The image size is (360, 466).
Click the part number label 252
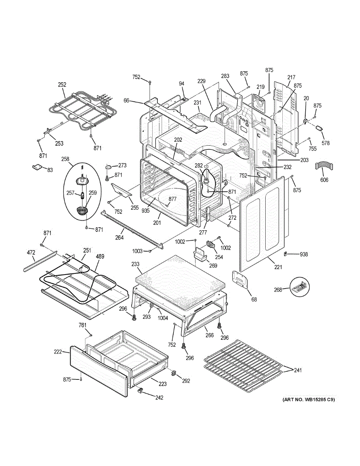(x=62, y=85)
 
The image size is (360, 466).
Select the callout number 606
(x=324, y=180)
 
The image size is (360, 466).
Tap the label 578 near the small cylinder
(x=325, y=143)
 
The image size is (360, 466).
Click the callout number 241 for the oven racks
(x=297, y=370)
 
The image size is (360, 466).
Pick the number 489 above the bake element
(x=100, y=256)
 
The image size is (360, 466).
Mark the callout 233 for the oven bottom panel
(x=135, y=264)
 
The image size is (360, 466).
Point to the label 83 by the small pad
(x=50, y=170)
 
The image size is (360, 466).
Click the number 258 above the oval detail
(x=65, y=159)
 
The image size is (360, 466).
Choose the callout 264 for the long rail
(x=119, y=238)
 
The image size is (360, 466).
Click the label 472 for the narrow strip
(x=31, y=253)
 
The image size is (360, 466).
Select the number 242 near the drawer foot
(x=159, y=397)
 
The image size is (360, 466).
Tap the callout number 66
(x=126, y=101)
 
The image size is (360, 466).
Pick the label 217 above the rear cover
(x=291, y=78)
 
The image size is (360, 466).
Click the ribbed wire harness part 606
(x=324, y=166)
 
